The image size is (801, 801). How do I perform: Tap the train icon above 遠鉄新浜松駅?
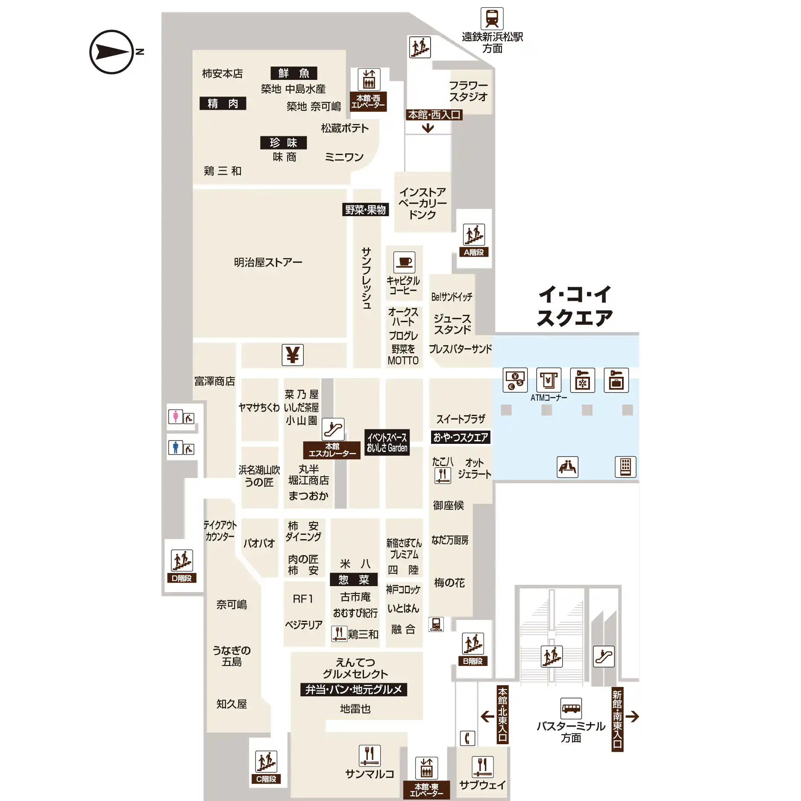492,18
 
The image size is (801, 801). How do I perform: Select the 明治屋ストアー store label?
268,262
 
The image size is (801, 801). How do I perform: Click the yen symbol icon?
293,355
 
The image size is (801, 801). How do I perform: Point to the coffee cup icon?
404,262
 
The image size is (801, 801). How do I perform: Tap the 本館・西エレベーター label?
368,102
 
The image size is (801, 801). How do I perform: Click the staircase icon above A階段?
474,235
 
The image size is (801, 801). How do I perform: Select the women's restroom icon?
175,417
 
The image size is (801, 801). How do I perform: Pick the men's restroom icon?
175,447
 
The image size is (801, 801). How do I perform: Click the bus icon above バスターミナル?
571,709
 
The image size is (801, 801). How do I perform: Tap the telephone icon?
467,738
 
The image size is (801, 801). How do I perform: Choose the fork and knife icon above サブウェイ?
482,767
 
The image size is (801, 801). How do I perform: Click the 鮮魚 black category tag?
294,73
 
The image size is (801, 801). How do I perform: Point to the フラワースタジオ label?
468,91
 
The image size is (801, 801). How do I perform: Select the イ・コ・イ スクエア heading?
575,306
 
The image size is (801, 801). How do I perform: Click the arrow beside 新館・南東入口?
632,716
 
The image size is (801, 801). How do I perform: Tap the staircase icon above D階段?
182,560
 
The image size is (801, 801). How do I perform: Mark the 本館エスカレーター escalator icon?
333,429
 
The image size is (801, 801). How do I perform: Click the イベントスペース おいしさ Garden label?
387,443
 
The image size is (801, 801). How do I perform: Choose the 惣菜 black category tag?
354,580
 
